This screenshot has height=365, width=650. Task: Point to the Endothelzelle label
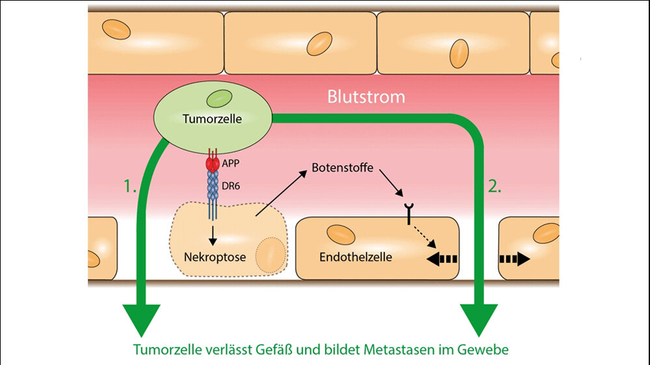(x=355, y=256)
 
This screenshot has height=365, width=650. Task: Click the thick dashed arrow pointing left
(x=442, y=259)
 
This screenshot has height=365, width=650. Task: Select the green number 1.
(x=129, y=187)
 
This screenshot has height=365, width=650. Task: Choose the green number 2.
(x=494, y=187)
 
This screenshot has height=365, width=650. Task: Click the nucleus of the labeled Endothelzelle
(x=340, y=235)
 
